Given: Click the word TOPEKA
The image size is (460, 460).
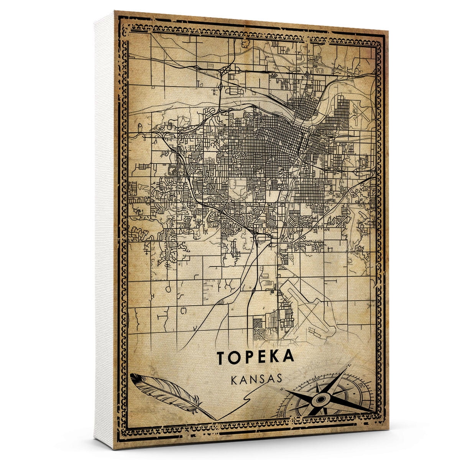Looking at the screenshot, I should [x=256, y=357].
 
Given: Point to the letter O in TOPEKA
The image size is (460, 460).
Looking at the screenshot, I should [x=236, y=357].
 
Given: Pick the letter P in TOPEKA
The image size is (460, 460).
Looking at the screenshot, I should [x=250, y=357].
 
